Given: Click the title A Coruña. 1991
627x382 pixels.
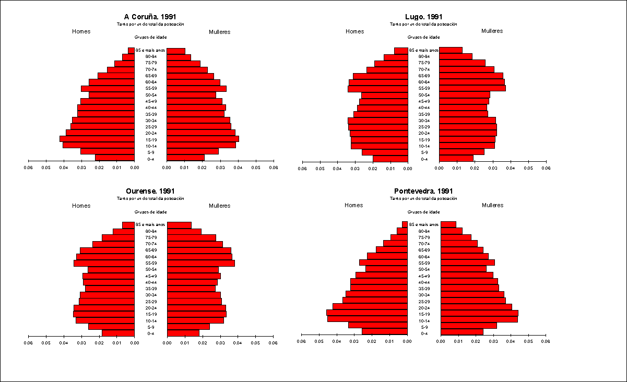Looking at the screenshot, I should pyautogui.click(x=150, y=17).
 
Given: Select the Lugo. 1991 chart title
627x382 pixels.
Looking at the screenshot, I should pyautogui.click(x=423, y=17).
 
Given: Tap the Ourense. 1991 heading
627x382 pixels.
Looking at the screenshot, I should pyautogui.click(x=150, y=191).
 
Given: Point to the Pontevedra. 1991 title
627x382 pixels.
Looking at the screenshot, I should pyautogui.click(x=423, y=191).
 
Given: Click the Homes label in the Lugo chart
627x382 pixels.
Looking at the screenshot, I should pyautogui.click(x=354, y=31).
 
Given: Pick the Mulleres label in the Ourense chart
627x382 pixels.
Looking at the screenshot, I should pyautogui.click(x=219, y=206).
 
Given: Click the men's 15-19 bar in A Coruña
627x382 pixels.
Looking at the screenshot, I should pyautogui.click(x=97, y=139).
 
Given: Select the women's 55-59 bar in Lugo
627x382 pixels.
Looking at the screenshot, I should pyautogui.click(x=472, y=88).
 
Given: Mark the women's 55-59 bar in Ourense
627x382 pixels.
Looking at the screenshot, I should pyautogui.click(x=200, y=263).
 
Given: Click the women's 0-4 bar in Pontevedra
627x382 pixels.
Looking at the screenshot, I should pyautogui.click(x=462, y=331).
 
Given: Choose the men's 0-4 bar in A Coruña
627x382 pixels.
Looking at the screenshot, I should pyautogui.click(x=115, y=158).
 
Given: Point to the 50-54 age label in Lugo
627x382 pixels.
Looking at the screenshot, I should pyautogui.click(x=423, y=95).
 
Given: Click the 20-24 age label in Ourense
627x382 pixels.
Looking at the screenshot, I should pyautogui.click(x=151, y=308).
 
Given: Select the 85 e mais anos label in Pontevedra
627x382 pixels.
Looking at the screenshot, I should pyautogui.click(x=423, y=224).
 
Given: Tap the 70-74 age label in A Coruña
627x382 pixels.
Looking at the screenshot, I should pyautogui.click(x=151, y=69).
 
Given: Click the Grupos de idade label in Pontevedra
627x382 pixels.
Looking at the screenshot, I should pyautogui.click(x=423, y=212).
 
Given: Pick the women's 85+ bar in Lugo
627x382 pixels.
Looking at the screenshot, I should pyautogui.click(x=451, y=50).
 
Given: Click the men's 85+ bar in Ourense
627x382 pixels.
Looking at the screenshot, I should pyautogui.click(x=128, y=225).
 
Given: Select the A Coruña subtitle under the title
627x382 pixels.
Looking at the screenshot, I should pyautogui.click(x=150, y=24).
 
